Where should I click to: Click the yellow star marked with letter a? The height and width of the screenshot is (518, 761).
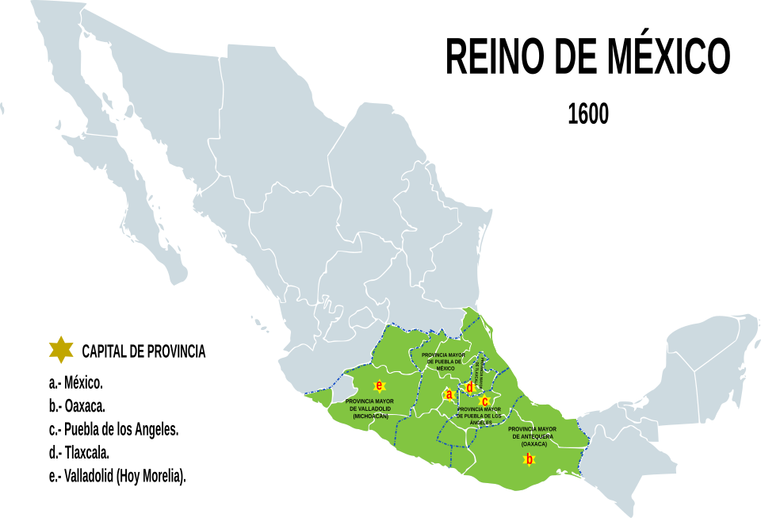(x=449, y=394)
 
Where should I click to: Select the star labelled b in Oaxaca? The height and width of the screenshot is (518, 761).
(x=529, y=459)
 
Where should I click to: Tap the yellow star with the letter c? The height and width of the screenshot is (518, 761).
(x=484, y=401)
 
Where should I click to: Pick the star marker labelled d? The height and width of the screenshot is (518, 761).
(x=469, y=387)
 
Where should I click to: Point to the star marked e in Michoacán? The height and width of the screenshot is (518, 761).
(x=379, y=386)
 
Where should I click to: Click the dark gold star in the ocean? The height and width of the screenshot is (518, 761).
(x=61, y=349)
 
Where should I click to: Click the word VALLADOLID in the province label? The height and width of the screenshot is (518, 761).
(x=376, y=409)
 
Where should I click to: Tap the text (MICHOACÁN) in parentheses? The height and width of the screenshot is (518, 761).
(x=370, y=416)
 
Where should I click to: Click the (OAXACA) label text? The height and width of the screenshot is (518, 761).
(x=534, y=443)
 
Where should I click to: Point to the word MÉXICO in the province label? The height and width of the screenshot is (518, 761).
(x=445, y=368)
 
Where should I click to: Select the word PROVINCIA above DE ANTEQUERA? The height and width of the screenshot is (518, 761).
(x=524, y=429)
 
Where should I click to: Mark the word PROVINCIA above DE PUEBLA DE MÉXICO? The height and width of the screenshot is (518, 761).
(x=437, y=355)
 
